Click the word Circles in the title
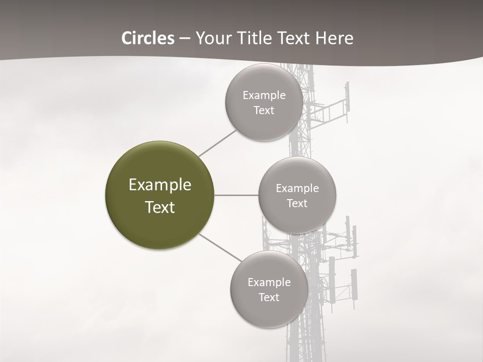click(x=148, y=38)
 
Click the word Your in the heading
click(x=213, y=38)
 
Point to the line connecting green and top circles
click(x=217, y=143)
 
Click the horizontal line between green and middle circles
click(x=236, y=195)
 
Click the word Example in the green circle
click(x=160, y=185)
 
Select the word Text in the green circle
click(x=160, y=207)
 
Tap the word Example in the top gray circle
click(x=264, y=96)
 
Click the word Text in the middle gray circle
click(x=297, y=204)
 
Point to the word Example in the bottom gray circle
click(x=269, y=283)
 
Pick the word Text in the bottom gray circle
click(x=269, y=298)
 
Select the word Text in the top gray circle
click(x=264, y=111)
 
